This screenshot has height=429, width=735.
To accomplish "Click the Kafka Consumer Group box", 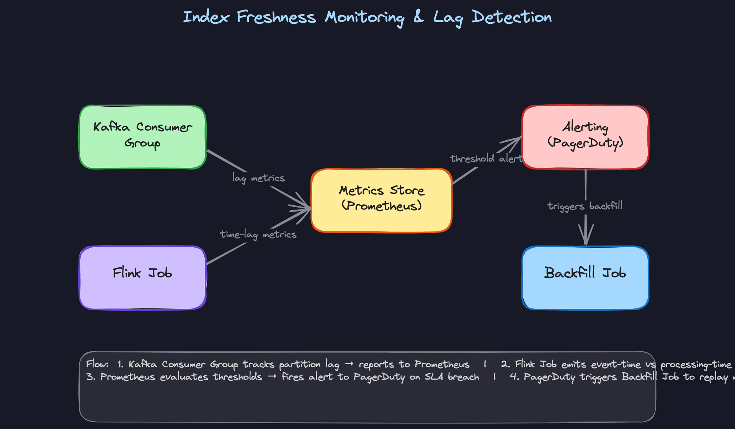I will point(142,137).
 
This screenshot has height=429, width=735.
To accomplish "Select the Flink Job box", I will point(142,278).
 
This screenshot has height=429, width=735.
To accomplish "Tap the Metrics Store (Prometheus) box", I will point(381,200).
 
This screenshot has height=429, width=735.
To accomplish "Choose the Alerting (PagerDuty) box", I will point(585,137).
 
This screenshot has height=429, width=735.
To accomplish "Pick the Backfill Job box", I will point(585,278).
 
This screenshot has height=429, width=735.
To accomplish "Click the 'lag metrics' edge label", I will point(258,178).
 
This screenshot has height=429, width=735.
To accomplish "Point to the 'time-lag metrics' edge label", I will point(258,234).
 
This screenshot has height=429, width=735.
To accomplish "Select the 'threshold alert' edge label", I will point(485,159).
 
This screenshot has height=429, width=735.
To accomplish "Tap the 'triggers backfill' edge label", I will point(585,206).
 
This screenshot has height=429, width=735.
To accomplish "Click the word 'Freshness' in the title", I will point(276,17).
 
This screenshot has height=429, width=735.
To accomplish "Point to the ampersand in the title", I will point(418,17).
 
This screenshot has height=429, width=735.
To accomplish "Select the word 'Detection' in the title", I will point(511,17).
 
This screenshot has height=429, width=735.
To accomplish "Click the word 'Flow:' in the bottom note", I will point(97,364).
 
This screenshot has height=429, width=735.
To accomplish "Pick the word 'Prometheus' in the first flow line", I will point(442,364).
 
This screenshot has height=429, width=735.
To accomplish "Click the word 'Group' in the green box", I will point(142,144).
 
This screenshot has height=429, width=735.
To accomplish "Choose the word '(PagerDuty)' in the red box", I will point(585,143).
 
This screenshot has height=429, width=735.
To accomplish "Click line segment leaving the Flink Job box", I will point(226,254).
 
